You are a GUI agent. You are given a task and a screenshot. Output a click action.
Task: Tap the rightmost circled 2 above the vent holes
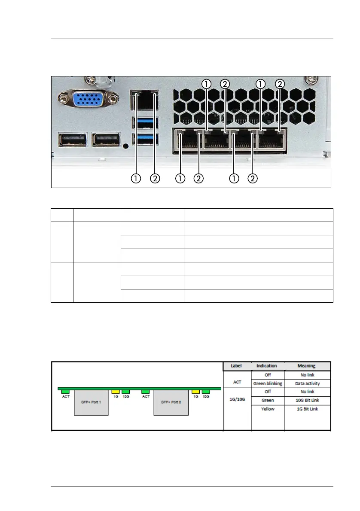pyautogui.click(x=280, y=84)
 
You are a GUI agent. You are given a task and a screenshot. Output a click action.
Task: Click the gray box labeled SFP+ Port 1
pyautogui.click(x=91, y=402)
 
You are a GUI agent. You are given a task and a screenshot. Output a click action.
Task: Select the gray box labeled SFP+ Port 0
pyautogui.click(x=171, y=402)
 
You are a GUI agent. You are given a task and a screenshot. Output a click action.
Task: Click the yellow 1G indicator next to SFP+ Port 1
pyautogui.click(x=115, y=392)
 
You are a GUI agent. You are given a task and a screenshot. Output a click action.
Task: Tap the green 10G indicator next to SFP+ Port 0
pyautogui.click(x=206, y=392)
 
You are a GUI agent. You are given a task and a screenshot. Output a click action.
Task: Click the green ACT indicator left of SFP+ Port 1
pyautogui.click(x=65, y=392)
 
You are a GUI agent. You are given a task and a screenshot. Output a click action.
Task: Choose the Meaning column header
pyautogui.click(x=307, y=366)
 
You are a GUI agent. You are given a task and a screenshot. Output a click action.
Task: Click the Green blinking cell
pyautogui.click(x=267, y=383)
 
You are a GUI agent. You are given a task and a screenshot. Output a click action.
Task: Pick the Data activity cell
pyautogui.click(x=307, y=383)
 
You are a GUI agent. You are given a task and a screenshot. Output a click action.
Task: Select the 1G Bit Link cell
pyautogui.click(x=307, y=409)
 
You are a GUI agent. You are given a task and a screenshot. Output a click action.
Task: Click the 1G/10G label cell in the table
pyautogui.click(x=237, y=400)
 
